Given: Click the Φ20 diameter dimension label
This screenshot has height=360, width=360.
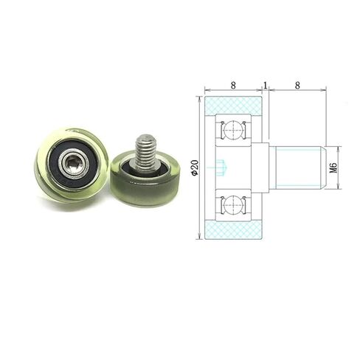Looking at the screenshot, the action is point(195,168).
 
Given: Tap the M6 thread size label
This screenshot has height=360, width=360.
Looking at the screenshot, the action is point(333,168).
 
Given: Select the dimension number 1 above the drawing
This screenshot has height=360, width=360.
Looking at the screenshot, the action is point(266,86).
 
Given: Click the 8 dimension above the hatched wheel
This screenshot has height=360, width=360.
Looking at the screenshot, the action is point(233,86).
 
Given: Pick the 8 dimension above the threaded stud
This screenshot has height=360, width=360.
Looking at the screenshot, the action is point(297,86).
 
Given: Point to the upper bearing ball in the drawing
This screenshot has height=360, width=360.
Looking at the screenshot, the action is point(233,130).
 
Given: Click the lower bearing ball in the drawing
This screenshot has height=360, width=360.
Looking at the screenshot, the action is point(233,204).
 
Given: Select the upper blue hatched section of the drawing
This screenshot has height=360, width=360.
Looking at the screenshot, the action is point(233,105).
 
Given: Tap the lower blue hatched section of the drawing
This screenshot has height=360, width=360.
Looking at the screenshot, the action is point(233,229).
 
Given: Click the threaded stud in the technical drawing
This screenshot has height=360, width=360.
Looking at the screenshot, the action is point(298,168).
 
